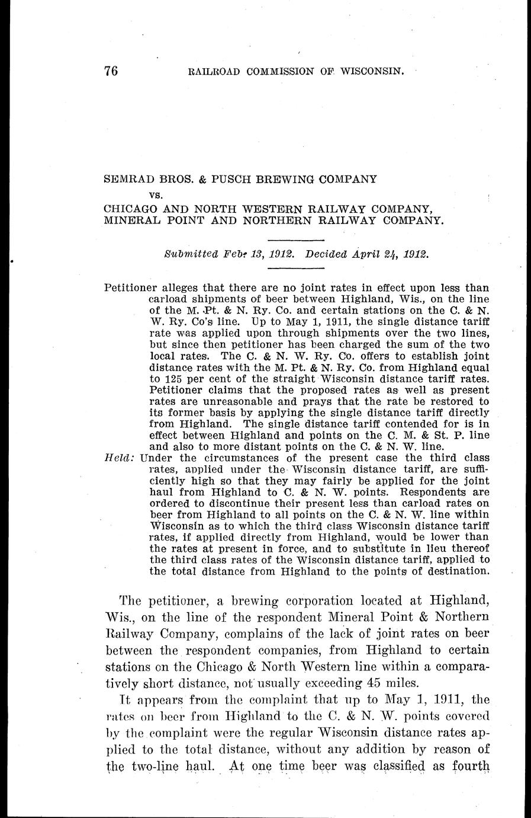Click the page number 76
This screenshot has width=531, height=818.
click(x=111, y=71)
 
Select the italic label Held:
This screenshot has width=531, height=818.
click(x=120, y=458)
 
